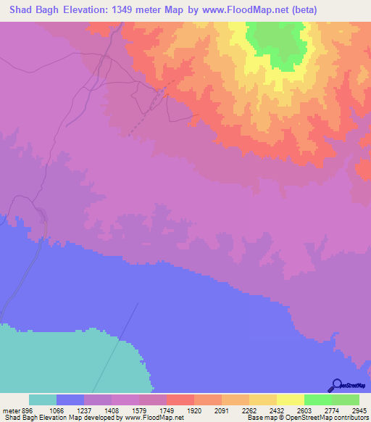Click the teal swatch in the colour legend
click(x=43, y=400)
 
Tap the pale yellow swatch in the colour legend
click(x=291, y=400)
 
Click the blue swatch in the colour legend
click(x=70, y=400)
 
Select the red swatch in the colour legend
click(x=180, y=400)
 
